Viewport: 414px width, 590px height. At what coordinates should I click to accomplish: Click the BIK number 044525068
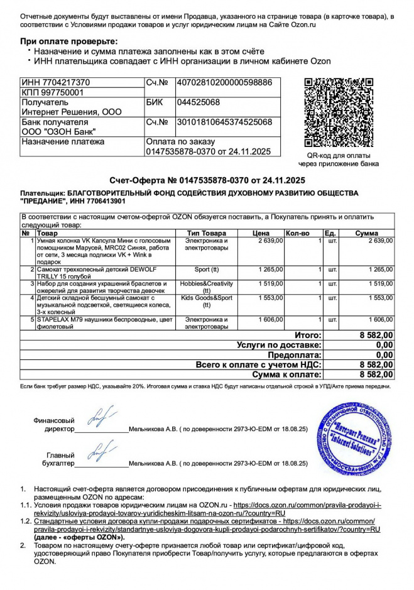pos(198,102)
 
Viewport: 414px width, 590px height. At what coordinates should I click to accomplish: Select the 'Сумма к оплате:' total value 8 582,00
pos(376,374)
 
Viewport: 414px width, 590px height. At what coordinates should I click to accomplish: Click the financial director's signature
pos(101,417)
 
